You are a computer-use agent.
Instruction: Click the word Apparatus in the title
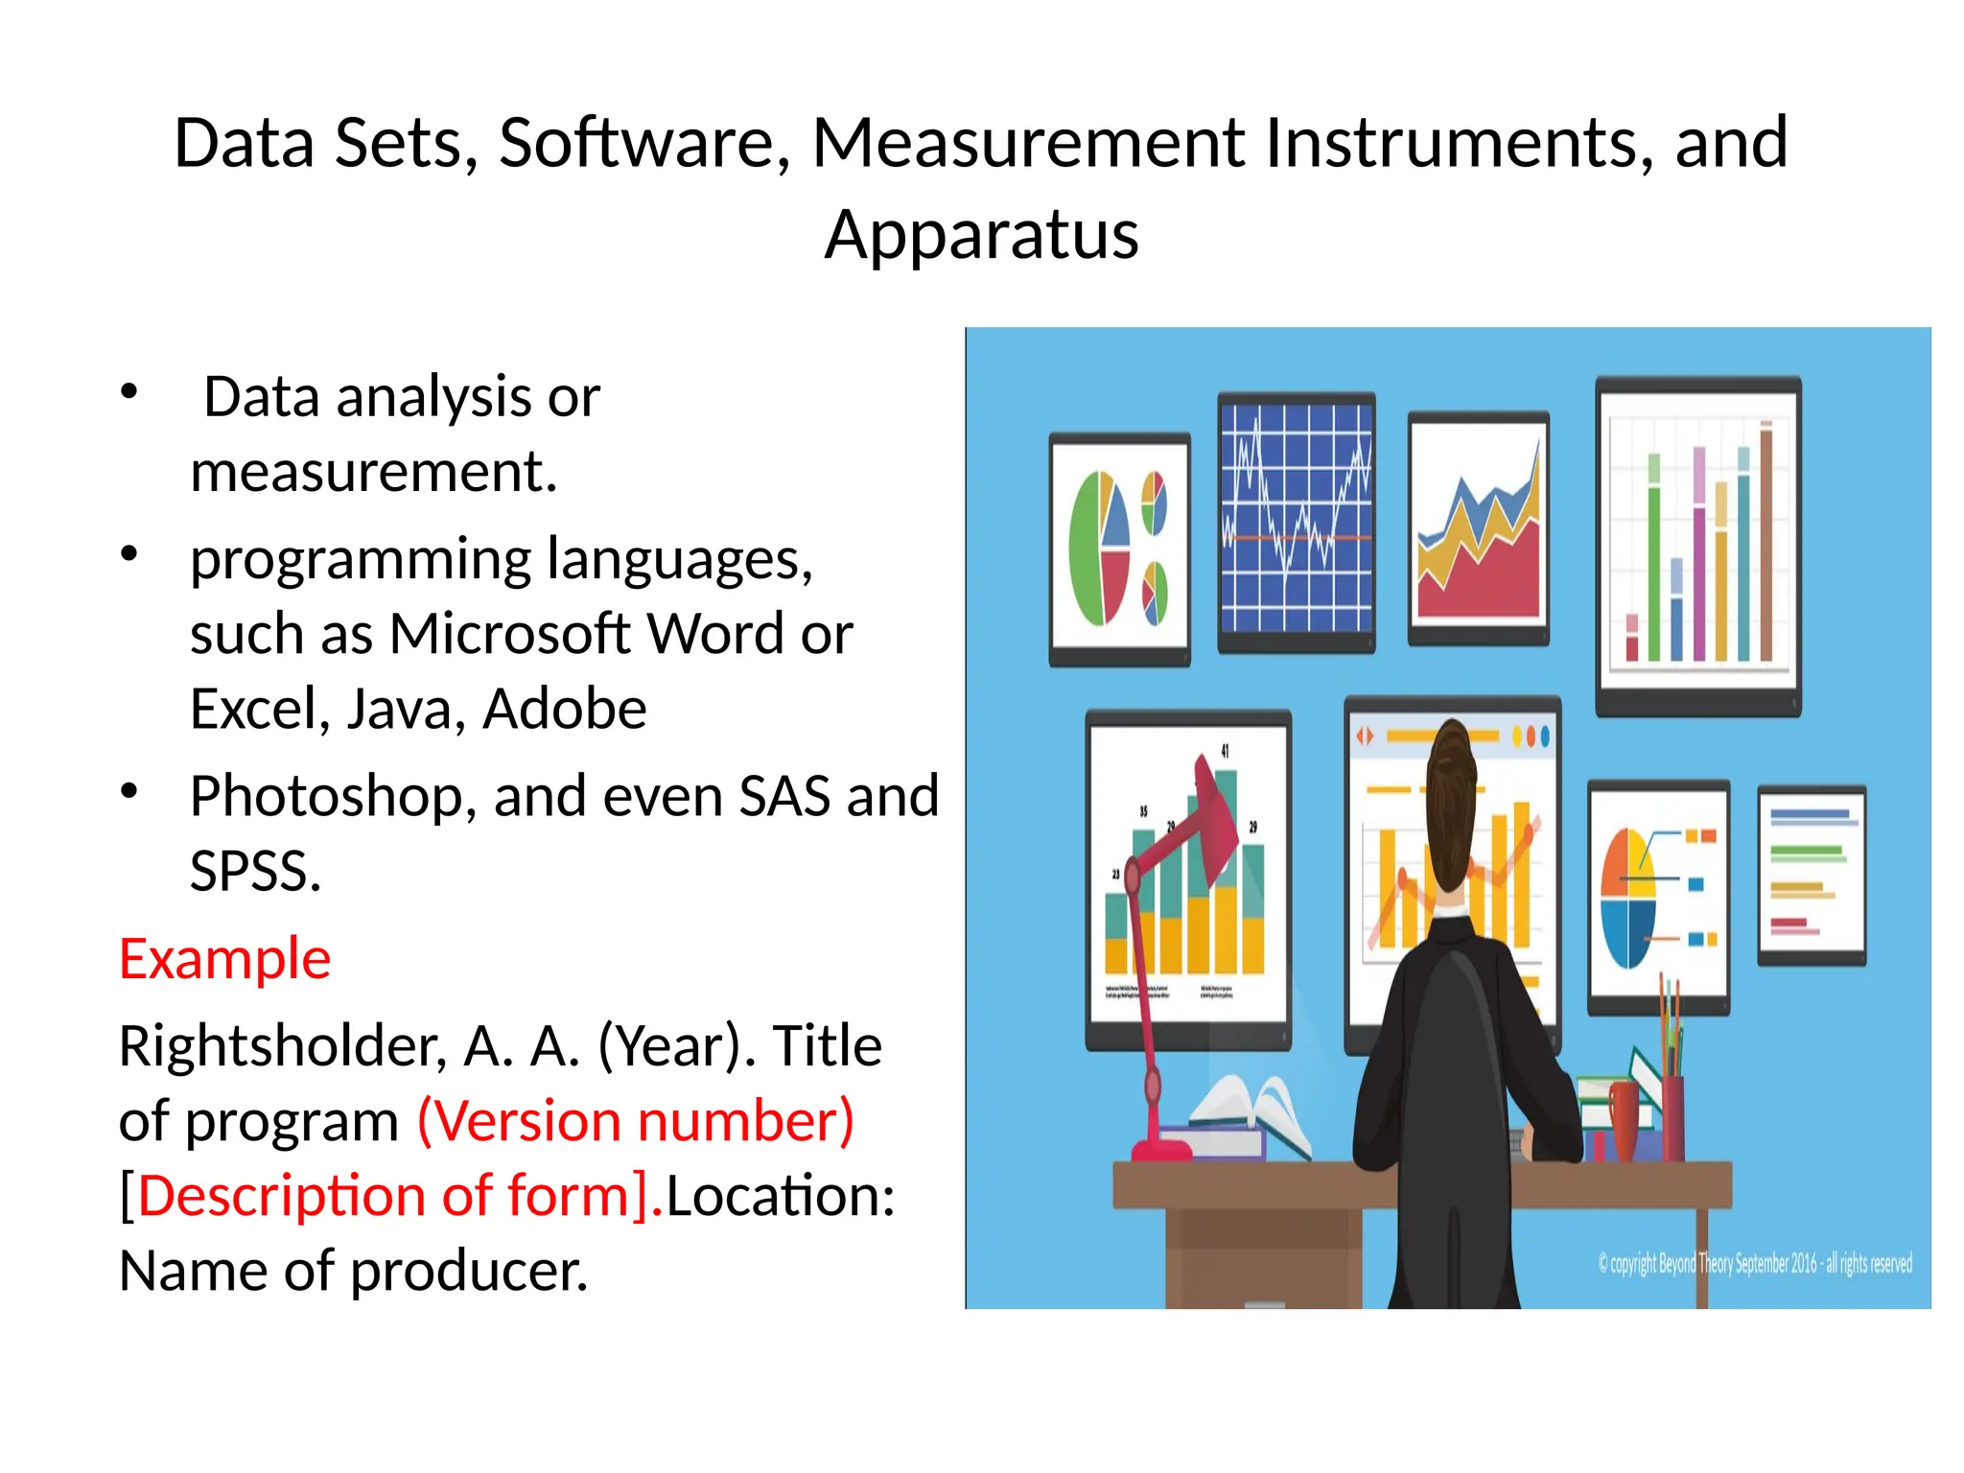pyautogui.click(x=981, y=236)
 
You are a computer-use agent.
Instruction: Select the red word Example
pyautogui.click(x=224, y=958)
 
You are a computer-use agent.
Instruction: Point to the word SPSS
pyautogui.click(x=254, y=871)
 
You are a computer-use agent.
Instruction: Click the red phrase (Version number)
pyautogui.click(x=636, y=1120)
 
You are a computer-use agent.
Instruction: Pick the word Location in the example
pyautogui.click(x=780, y=1196)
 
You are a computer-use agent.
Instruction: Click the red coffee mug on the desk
pyautogui.click(x=1624, y=1117)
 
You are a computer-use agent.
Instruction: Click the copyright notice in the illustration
pyautogui.click(x=1754, y=1264)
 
